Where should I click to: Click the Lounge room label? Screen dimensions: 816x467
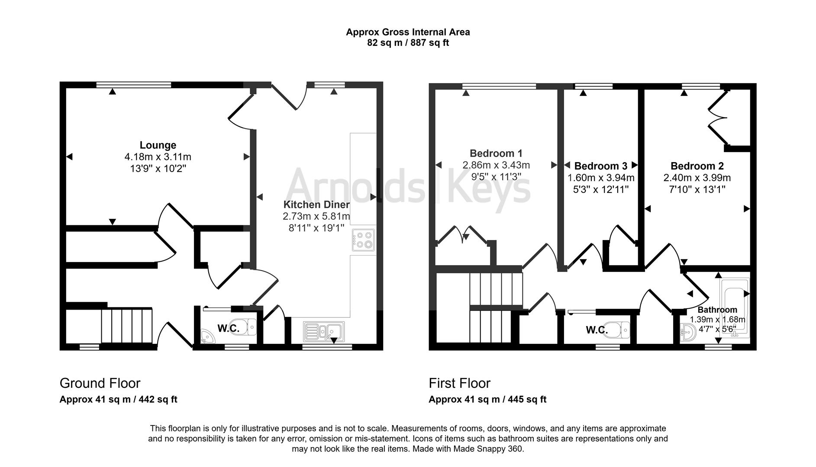click(x=158, y=145)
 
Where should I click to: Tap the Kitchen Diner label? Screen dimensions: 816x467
click(x=316, y=205)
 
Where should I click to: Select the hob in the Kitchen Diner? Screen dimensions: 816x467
click(x=363, y=240)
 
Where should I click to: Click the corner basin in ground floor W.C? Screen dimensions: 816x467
click(x=208, y=337)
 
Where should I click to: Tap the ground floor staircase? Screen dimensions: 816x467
click(x=127, y=326)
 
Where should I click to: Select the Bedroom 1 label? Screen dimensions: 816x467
click(x=496, y=154)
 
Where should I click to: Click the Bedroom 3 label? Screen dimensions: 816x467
click(x=601, y=166)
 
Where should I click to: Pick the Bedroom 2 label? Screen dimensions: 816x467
click(x=697, y=166)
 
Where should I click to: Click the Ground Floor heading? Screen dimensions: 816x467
click(x=100, y=384)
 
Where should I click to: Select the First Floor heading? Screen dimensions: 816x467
click(x=460, y=384)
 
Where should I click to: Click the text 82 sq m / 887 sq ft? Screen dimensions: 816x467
click(x=408, y=43)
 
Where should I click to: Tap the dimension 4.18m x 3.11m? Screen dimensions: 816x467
click(x=158, y=157)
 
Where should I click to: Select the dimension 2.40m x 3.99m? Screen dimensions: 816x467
click(x=697, y=178)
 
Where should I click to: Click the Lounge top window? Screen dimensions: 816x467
click(x=134, y=85)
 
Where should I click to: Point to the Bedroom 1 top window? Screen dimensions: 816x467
click(x=499, y=86)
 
